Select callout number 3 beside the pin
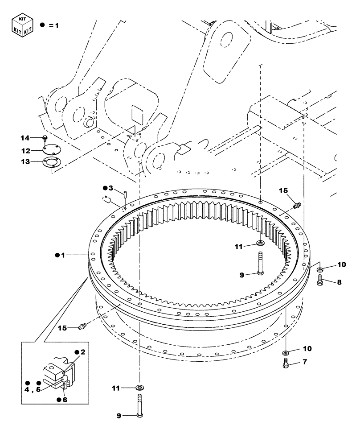(x=111, y=188)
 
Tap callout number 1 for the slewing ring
(x=63, y=255)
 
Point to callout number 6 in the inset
(x=65, y=400)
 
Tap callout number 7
(x=304, y=362)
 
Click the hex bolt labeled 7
(x=286, y=364)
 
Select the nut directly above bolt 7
(x=286, y=353)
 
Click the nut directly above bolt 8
(x=319, y=270)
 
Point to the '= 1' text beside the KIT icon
(x=54, y=26)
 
